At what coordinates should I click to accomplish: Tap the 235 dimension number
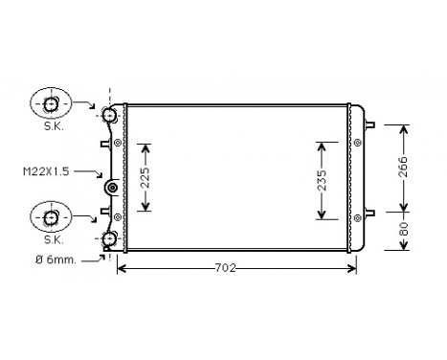click(x=323, y=179)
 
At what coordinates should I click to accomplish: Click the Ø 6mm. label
click(x=53, y=259)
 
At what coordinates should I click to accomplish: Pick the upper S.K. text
click(x=51, y=124)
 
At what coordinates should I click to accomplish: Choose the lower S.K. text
click(x=51, y=240)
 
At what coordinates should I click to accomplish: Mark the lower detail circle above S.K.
click(x=51, y=218)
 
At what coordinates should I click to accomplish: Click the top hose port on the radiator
click(x=110, y=115)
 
